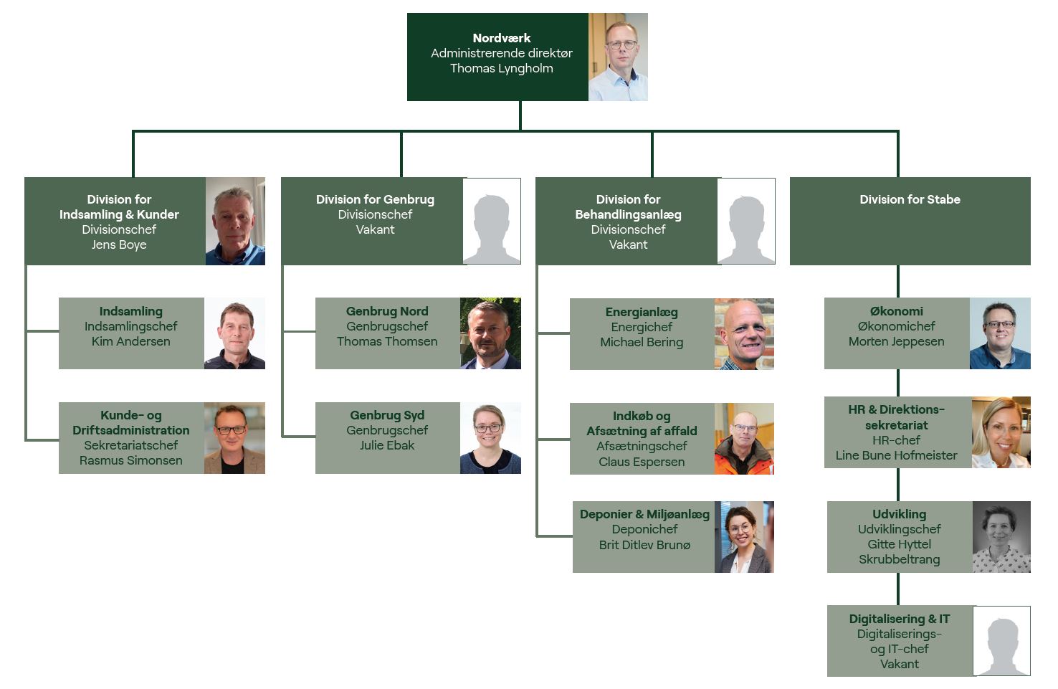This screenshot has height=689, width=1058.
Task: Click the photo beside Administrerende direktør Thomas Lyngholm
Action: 618,57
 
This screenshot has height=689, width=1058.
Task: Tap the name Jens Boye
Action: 119,244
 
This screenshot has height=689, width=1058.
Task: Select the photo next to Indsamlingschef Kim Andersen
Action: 234,333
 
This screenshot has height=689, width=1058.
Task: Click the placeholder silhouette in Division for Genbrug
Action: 492,222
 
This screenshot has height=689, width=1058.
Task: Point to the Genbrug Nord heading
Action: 387,311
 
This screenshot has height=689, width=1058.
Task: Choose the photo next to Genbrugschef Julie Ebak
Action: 490,438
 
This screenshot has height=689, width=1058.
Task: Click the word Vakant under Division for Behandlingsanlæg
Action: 628,244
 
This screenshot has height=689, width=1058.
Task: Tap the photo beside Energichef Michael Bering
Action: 744,334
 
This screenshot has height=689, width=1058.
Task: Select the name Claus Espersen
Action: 642,462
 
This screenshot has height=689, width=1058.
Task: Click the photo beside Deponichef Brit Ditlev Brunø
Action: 744,537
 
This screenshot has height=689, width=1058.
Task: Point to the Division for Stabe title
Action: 910,199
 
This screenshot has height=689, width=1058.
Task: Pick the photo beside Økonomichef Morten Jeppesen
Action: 1000,333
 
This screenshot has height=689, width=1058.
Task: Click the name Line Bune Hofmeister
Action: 896,455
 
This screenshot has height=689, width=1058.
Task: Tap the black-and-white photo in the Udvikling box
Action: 1001,537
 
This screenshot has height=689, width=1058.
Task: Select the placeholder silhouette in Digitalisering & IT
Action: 1001,641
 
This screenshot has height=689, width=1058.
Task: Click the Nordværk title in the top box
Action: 501,38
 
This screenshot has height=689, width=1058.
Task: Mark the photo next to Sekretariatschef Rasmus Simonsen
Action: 234,438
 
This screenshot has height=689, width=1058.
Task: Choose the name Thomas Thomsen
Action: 387,341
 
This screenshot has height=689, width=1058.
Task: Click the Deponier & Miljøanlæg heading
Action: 644,514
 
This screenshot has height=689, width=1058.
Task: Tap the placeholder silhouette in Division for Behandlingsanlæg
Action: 746,222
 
